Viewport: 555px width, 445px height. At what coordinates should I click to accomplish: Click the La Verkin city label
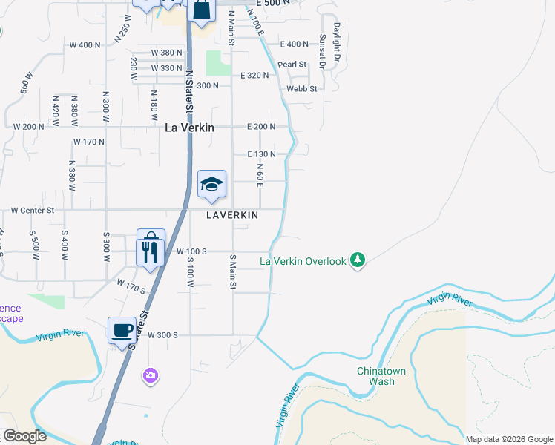click(x=189, y=128)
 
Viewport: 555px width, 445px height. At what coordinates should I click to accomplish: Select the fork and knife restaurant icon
click(x=151, y=252)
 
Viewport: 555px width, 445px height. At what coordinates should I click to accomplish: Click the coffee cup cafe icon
click(x=122, y=331)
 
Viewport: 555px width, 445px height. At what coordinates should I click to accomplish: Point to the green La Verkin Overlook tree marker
click(x=358, y=260)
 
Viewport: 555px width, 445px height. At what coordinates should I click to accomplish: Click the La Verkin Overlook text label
click(x=303, y=261)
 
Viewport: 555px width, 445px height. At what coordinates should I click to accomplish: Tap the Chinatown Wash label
click(x=375, y=376)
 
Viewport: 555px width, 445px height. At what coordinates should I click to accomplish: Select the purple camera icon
click(x=151, y=376)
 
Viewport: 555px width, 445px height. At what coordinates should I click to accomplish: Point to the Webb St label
click(x=303, y=89)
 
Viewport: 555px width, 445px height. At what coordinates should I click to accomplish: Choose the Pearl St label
click(x=292, y=65)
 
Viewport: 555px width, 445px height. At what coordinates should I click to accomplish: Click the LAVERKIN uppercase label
click(x=232, y=214)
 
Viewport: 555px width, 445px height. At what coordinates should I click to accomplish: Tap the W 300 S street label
click(x=162, y=335)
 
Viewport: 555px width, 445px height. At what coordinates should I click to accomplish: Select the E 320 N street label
click(x=254, y=76)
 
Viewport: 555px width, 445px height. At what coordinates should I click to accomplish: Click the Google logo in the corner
click(x=24, y=436)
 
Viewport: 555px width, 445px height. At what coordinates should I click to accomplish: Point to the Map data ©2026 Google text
click(x=509, y=439)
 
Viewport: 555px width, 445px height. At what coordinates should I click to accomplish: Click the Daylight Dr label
click(x=337, y=41)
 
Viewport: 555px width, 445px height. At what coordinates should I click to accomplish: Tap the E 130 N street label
click(x=261, y=154)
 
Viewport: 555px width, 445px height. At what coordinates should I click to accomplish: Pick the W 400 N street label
click(x=87, y=45)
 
